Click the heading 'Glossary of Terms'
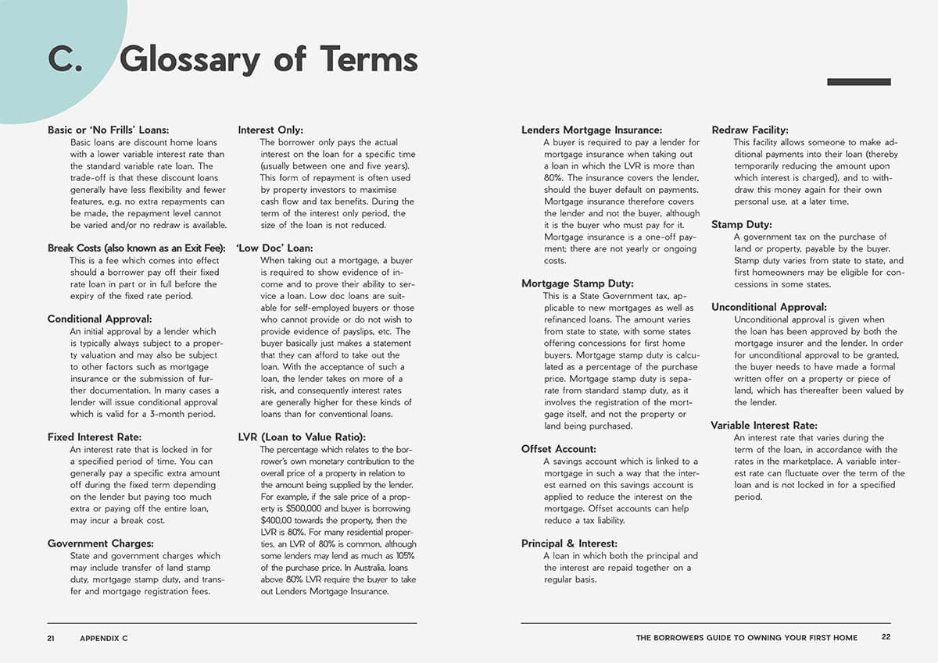[269, 60]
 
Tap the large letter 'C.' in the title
[66, 60]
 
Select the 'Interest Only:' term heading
[270, 130]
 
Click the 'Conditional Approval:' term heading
[99, 319]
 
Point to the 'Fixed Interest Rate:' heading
[95, 437]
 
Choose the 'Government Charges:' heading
[100, 544]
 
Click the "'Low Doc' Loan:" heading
[274, 248]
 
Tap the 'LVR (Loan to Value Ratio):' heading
[302, 437]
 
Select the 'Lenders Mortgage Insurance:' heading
[592, 130]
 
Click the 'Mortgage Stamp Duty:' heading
[578, 284]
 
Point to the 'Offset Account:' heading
[559, 449]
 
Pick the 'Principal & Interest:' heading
[569, 544]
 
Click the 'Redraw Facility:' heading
[750, 130]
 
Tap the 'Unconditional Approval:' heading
[768, 308]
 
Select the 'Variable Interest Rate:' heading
[764, 426]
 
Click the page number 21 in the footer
[52, 638]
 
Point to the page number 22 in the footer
[886, 637]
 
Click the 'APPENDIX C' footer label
[103, 638]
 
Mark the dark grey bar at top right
[858, 82]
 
